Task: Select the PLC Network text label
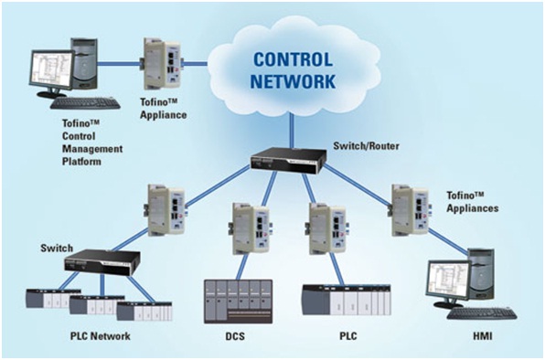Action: click(100, 336)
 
